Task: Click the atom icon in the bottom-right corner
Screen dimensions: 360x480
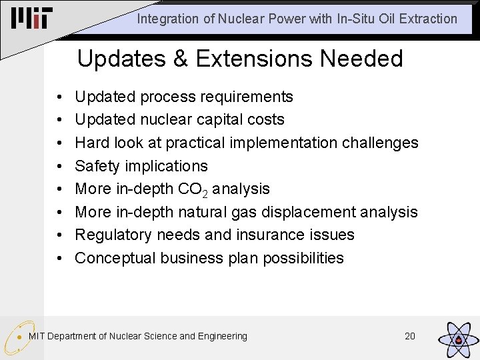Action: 457,338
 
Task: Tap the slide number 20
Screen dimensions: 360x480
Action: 410,336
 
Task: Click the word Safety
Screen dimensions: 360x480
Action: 97,166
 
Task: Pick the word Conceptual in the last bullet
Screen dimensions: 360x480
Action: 115,258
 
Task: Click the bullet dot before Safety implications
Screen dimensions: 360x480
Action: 60,167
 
